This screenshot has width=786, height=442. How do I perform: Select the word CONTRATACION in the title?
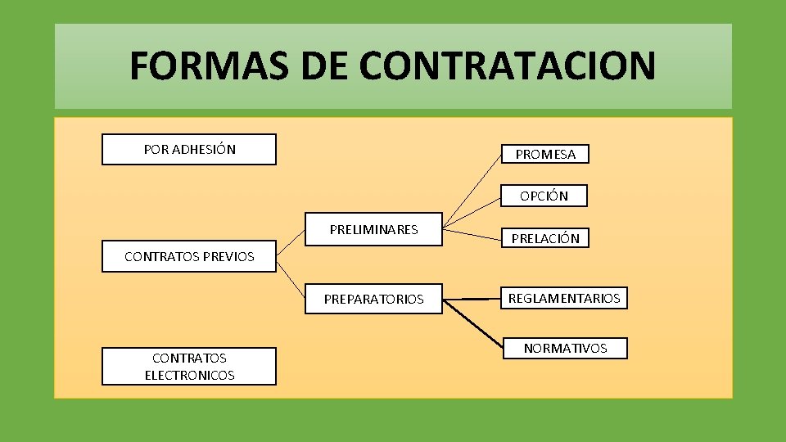[508, 65]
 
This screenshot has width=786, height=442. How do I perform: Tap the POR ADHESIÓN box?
[189, 149]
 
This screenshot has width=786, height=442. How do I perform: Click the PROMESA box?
[545, 154]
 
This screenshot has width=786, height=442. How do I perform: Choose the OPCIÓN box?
[544, 196]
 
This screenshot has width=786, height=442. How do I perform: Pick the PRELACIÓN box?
[545, 238]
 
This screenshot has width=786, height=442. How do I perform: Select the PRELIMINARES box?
[373, 230]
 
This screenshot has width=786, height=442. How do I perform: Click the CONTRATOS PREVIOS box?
[189, 256]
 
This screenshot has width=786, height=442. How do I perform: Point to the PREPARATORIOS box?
[373, 299]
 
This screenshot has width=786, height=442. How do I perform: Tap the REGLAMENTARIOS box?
[564, 298]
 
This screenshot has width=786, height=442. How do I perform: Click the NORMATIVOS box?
[565, 348]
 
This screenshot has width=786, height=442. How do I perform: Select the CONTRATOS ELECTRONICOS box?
[189, 366]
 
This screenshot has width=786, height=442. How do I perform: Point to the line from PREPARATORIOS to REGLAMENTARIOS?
[472, 300]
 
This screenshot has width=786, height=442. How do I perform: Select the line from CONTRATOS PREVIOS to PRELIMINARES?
[291, 244]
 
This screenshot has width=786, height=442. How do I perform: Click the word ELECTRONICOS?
[189, 375]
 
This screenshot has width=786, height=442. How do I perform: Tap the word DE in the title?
[323, 65]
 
